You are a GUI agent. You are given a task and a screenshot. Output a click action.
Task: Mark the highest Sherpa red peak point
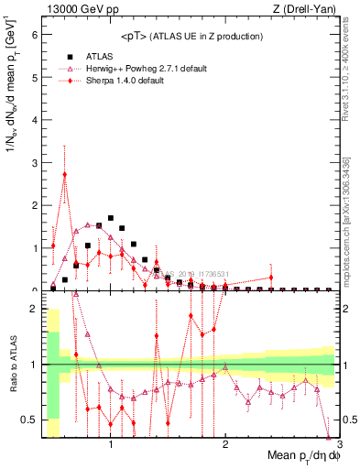click(x=64, y=174)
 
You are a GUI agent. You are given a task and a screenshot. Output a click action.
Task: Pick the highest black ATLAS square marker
click(x=111, y=218)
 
